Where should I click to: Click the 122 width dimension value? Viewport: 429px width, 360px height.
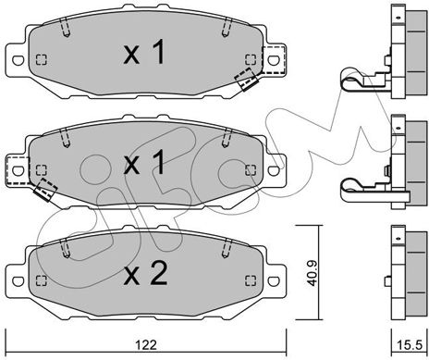point(146,344)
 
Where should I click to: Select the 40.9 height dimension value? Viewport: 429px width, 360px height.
point(312,273)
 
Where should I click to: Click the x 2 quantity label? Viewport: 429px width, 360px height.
point(145,273)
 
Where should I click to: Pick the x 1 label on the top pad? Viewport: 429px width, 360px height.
point(144,52)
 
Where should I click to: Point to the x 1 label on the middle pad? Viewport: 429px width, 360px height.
point(144,163)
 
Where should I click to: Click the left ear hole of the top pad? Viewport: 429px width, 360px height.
point(18,60)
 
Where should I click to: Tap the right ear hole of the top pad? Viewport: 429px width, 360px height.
point(274,60)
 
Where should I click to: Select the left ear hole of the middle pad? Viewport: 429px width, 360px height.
point(18,170)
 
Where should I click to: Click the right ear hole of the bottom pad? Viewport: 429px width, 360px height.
point(274,280)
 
